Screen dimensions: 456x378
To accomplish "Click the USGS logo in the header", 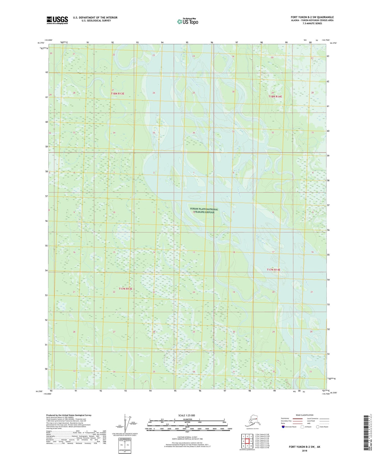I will pyautogui.click(x=57, y=20).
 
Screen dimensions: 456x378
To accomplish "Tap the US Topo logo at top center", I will pyautogui.click(x=188, y=21).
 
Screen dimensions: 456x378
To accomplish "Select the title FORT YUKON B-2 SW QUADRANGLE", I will pyautogui.click(x=312, y=17).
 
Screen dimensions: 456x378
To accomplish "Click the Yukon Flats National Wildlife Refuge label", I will pyautogui.click(x=204, y=211).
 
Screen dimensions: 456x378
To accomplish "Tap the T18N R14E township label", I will pyautogui.click(x=275, y=96).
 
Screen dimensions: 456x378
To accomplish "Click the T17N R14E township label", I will pyautogui.click(x=273, y=270).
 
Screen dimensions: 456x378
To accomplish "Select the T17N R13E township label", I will pyautogui.click(x=126, y=289).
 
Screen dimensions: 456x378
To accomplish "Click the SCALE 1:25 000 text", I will pyautogui.click(x=187, y=415).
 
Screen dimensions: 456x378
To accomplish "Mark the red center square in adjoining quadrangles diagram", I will pyautogui.click(x=247, y=441).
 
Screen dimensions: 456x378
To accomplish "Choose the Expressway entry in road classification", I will pyautogui.click(x=285, y=418).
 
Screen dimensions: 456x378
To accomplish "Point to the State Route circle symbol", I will pyautogui.click(x=318, y=427).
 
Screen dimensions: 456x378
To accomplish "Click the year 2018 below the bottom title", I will pyautogui.click(x=304, y=451).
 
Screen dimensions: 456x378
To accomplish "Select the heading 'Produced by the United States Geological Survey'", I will pyautogui.click(x=69, y=415).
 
